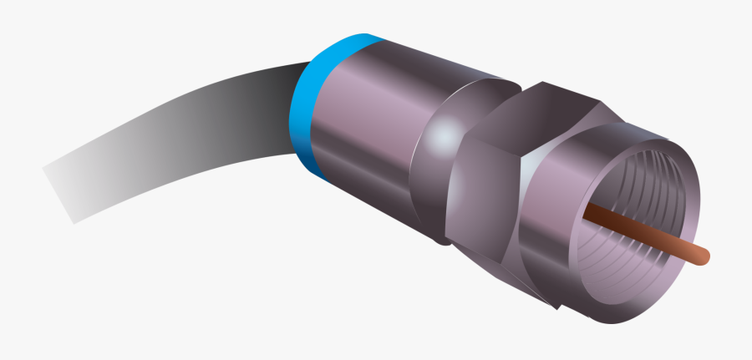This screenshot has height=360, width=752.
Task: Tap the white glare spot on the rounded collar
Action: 447,134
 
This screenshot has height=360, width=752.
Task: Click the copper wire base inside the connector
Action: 589,214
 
